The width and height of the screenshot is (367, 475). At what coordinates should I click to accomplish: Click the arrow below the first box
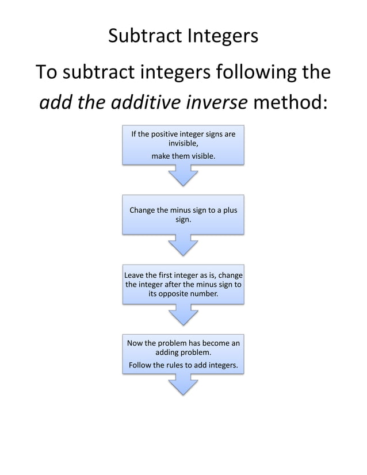click(183, 175)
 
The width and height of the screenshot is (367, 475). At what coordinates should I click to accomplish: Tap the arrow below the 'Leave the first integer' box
click(183, 315)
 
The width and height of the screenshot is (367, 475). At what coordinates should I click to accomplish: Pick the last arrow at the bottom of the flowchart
click(183, 384)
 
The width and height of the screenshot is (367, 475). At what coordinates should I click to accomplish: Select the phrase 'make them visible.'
click(183, 155)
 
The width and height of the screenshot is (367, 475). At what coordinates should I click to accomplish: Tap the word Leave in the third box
click(136, 275)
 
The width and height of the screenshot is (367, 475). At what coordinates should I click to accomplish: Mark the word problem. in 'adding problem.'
click(196, 353)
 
